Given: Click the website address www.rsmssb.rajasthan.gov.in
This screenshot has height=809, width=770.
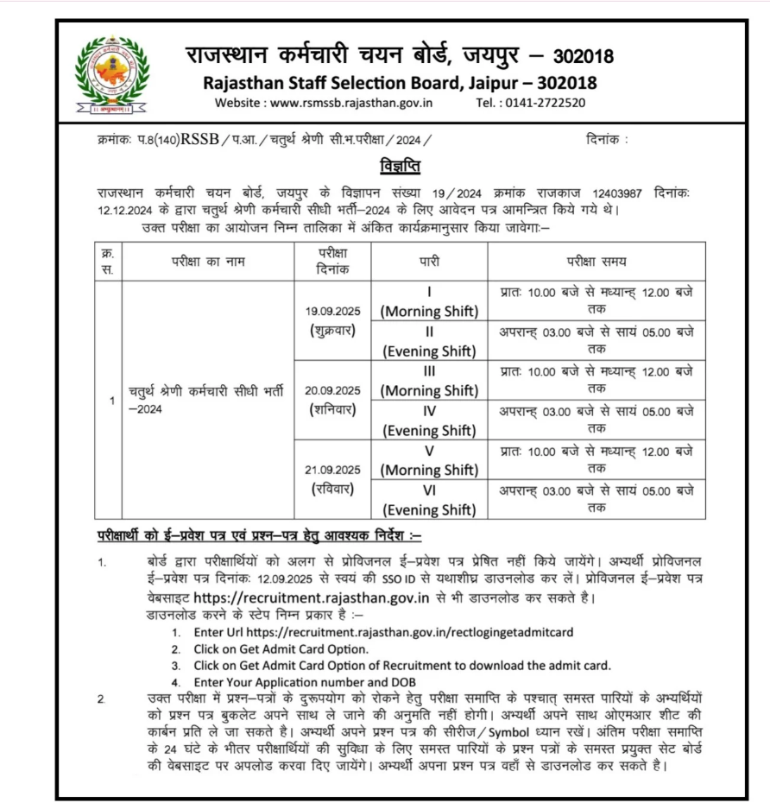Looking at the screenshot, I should click(351, 102).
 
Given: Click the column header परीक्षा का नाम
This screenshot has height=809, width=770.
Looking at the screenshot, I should click(207, 262).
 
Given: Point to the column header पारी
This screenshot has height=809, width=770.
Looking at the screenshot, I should click(429, 262).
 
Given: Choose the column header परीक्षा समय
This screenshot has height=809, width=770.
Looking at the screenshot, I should click(596, 262).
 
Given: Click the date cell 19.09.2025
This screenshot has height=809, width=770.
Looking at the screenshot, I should click(332, 311).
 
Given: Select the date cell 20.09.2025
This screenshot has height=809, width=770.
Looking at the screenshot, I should click(332, 390).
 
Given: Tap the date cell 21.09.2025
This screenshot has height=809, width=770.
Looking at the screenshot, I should click(332, 470).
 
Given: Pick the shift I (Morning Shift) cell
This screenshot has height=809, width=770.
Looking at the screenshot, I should click(429, 301).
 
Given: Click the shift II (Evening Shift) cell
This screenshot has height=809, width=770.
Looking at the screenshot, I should click(429, 341).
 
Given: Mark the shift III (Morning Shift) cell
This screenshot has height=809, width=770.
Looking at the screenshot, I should click(429, 381).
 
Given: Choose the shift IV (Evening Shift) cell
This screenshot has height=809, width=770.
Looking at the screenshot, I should click(429, 420).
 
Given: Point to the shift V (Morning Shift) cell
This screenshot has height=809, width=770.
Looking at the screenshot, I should click(429, 460).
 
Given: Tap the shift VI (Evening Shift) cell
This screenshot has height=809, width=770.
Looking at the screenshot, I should click(429, 500).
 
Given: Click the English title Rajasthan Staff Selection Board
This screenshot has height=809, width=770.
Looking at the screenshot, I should click(399, 83).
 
